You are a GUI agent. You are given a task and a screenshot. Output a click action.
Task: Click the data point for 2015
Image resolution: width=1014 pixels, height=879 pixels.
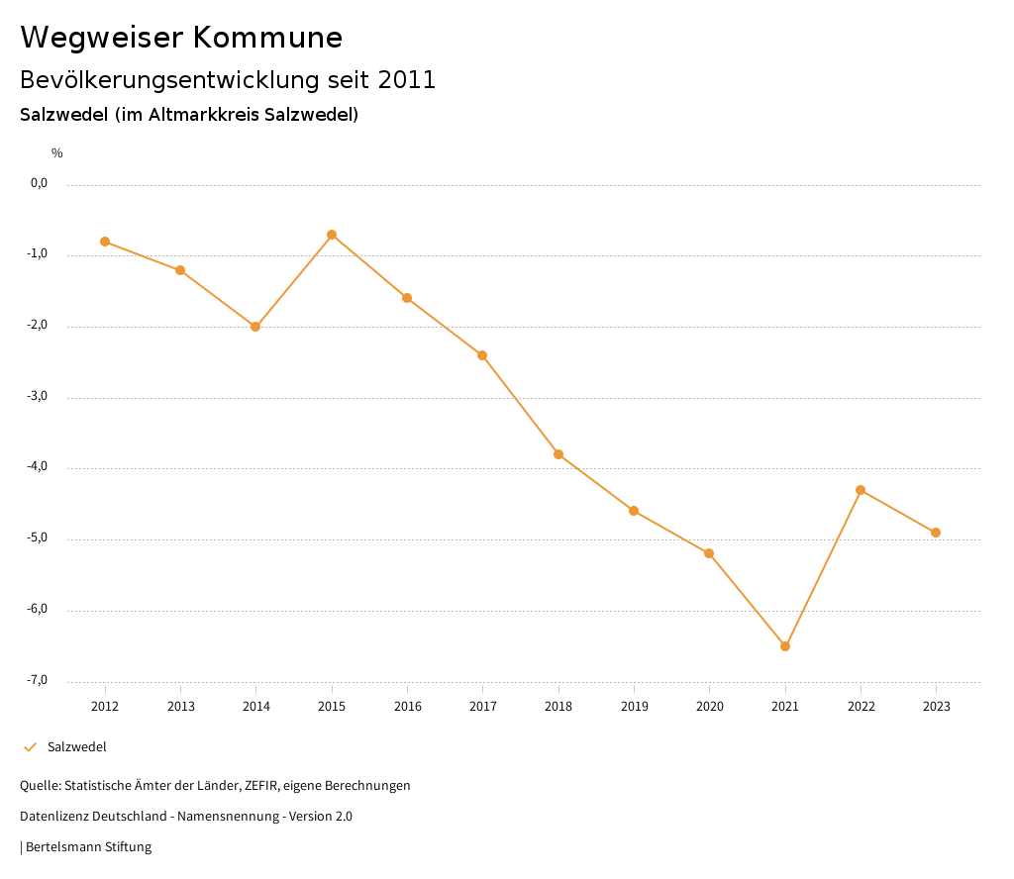click(332, 235)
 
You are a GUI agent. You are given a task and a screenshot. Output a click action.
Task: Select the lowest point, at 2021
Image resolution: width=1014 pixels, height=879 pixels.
click(785, 646)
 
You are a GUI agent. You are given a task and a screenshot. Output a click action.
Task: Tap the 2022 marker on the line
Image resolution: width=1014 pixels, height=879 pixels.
click(861, 490)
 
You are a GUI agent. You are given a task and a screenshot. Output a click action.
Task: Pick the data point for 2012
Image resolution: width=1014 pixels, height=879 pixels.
click(105, 242)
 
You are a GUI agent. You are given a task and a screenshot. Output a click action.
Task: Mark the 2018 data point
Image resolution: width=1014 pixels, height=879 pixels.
click(558, 454)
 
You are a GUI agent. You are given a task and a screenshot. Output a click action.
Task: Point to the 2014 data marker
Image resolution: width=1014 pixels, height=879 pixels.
click(255, 327)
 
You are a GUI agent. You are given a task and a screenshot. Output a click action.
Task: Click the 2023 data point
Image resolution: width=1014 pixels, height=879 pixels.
click(936, 533)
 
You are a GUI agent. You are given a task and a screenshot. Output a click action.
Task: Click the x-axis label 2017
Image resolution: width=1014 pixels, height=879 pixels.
click(483, 707)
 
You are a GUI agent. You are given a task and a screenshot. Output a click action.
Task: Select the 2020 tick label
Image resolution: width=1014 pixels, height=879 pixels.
click(710, 707)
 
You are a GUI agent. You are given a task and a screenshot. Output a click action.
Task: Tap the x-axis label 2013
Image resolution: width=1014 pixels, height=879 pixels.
click(180, 707)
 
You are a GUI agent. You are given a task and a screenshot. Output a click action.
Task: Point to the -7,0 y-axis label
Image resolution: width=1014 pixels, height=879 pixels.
click(39, 680)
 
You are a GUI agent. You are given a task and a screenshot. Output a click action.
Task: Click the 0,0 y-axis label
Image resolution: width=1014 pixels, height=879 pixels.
click(40, 183)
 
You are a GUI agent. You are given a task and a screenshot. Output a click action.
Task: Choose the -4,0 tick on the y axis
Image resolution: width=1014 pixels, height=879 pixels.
click(39, 467)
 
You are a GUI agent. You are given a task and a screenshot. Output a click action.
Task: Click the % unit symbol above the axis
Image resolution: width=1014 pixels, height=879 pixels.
click(57, 153)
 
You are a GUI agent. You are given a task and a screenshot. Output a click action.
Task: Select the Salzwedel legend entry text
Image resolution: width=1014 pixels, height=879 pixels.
click(77, 747)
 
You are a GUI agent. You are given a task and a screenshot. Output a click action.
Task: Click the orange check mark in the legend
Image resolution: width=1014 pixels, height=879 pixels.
click(30, 747)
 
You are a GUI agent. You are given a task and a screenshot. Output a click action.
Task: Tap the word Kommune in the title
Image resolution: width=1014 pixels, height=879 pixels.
click(267, 38)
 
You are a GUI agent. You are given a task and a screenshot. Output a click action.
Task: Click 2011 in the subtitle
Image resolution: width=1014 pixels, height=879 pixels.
click(407, 80)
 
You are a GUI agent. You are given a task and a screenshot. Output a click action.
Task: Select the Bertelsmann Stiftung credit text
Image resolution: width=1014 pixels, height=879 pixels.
click(88, 847)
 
